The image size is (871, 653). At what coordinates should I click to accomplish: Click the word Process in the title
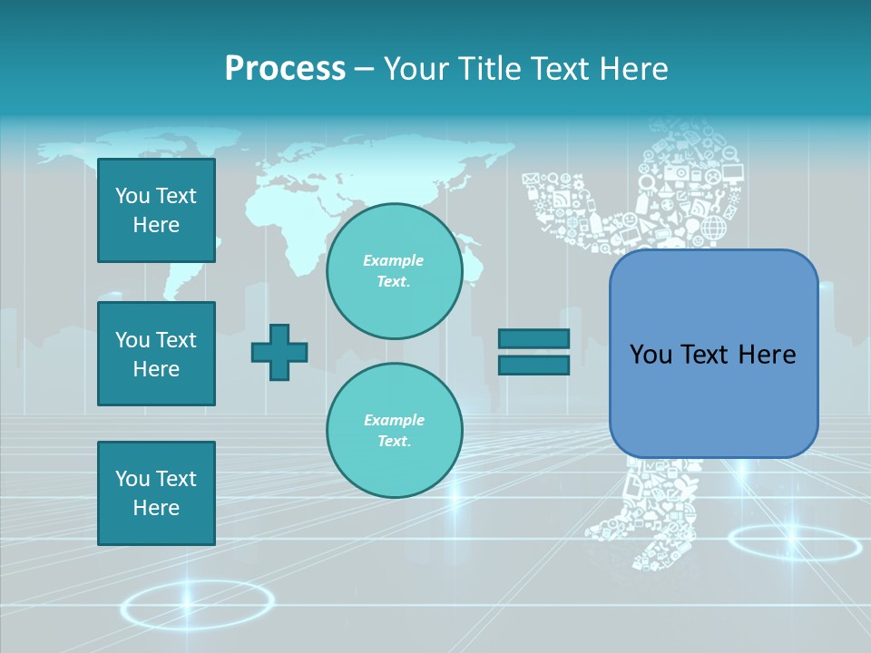(285, 69)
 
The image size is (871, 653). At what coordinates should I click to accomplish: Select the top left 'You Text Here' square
(156, 210)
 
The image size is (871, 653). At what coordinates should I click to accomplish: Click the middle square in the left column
(156, 354)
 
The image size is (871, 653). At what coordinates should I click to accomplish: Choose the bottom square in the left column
(156, 493)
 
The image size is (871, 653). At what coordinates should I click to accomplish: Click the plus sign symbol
(279, 352)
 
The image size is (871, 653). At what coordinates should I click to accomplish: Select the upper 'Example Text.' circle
(394, 271)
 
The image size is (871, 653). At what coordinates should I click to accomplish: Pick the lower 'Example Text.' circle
(394, 431)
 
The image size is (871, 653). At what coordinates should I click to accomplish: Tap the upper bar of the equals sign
(533, 338)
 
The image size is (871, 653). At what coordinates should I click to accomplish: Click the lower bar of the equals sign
(533, 365)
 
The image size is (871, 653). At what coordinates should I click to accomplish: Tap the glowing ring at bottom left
(197, 605)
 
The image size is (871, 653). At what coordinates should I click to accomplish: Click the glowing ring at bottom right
(794, 543)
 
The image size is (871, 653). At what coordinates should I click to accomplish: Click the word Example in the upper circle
(394, 260)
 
